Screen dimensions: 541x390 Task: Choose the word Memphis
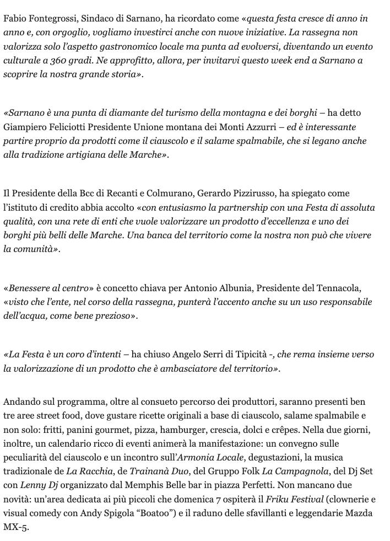pos(167,485)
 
